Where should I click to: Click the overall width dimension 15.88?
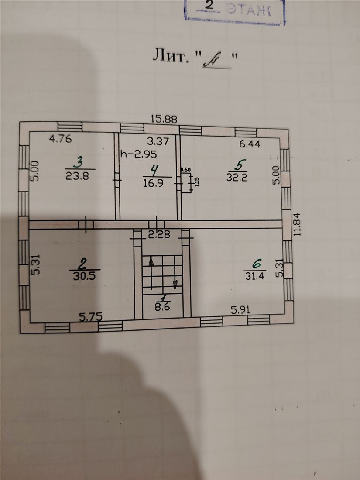pyautogui.click(x=164, y=118)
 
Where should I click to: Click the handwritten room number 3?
pyautogui.click(x=79, y=164)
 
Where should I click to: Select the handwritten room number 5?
pyautogui.click(x=238, y=165)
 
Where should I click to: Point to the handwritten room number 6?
pyautogui.click(x=257, y=263)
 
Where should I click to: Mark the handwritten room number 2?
pyautogui.click(x=82, y=264)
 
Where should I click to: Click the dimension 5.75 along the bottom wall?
pyautogui.click(x=90, y=317)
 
